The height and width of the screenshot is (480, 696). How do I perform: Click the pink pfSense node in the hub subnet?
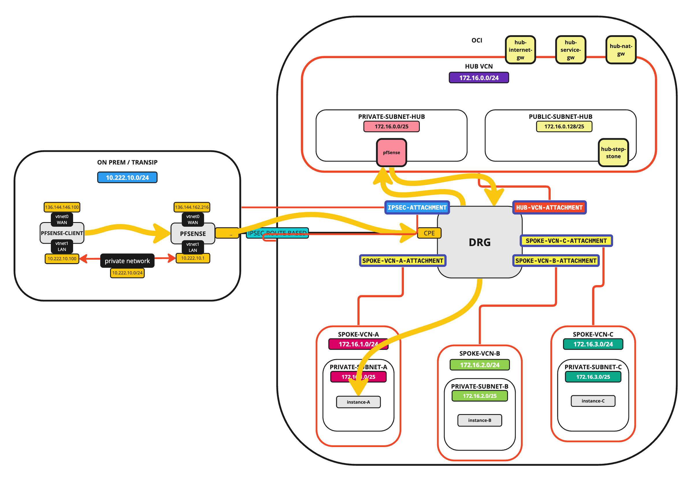pos(391,152)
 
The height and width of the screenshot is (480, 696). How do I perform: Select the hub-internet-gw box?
pos(520,50)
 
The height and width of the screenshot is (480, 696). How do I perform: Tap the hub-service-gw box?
pos(570,50)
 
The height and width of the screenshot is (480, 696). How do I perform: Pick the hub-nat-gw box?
pos(621,50)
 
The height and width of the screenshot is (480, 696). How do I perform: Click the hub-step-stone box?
pos(613,152)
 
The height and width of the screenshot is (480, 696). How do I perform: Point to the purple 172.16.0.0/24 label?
pos(479,77)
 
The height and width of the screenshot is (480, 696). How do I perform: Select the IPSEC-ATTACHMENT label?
pos(417,208)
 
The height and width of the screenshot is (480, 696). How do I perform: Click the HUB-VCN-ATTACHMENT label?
pos(549,208)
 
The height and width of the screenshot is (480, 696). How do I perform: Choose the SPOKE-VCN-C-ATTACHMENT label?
pos(566,241)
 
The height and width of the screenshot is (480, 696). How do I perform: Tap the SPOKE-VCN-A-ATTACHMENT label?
pos(402,261)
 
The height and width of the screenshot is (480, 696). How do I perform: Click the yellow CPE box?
pos(429,233)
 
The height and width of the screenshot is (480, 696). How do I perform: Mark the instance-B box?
pos(479,420)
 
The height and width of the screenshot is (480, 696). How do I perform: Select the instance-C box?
pos(593,401)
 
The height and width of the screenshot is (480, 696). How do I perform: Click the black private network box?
pos(127,261)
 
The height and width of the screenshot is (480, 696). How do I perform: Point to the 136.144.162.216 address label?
pos(192,207)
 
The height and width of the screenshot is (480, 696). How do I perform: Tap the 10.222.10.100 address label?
pos(62,259)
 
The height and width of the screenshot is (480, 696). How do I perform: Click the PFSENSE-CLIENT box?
pos(62,233)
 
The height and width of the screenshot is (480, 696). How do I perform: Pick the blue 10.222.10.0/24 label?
pos(127,178)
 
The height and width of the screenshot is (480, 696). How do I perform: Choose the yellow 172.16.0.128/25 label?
pos(564,126)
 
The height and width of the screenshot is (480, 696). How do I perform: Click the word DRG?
pos(479,242)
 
